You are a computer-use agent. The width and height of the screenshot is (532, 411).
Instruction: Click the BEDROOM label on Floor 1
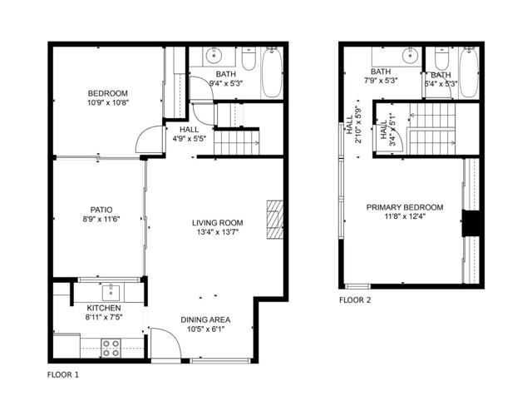coord(108,92)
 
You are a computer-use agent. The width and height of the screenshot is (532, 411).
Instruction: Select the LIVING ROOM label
coord(217,222)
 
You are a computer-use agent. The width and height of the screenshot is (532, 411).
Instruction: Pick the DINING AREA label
coord(205,319)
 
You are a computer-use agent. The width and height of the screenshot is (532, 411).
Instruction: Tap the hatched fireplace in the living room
coord(274,219)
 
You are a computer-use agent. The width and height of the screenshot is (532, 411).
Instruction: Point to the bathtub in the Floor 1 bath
coord(271,73)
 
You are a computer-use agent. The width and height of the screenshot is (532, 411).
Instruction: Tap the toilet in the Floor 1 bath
coord(248,61)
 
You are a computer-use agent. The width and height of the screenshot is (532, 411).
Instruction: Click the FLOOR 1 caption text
coord(63,375)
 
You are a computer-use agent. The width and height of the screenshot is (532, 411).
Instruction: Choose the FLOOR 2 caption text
coord(355,300)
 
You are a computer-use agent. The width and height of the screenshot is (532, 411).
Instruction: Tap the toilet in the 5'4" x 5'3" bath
coord(441,61)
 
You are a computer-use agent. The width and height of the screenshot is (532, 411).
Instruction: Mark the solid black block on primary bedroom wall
coord(472,224)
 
